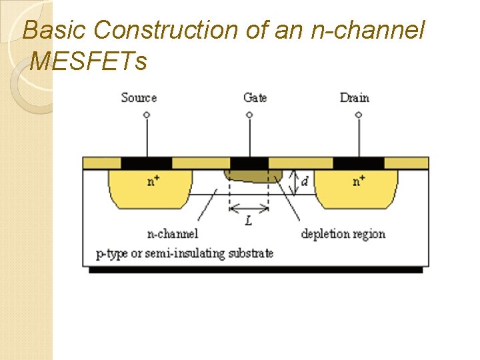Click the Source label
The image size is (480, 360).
pyautogui.click(x=139, y=98)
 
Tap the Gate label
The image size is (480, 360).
pyautogui.click(x=255, y=98)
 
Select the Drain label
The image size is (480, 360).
pyautogui.click(x=354, y=98)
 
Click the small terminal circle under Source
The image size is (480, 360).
pyautogui.click(x=147, y=115)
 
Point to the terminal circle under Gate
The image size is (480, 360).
pyautogui.click(x=249, y=115)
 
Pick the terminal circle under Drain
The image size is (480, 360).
pyautogui.click(x=358, y=115)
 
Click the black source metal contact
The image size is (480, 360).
pyautogui.click(x=147, y=163)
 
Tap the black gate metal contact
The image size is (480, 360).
pyautogui.click(x=249, y=163)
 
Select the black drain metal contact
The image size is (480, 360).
pyautogui.click(x=359, y=163)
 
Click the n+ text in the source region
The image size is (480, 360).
pyautogui.click(x=153, y=181)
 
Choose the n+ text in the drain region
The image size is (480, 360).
pyautogui.click(x=359, y=181)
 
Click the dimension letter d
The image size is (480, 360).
pyautogui.click(x=305, y=181)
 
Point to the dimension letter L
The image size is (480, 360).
pyautogui.click(x=249, y=220)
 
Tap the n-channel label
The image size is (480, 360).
pyautogui.click(x=172, y=233)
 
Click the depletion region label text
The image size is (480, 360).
pyautogui.click(x=343, y=233)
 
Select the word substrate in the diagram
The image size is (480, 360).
pyautogui.click(x=249, y=253)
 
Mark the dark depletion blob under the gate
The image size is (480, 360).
pyautogui.click(x=253, y=175)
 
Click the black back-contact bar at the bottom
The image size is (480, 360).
pyautogui.click(x=256, y=270)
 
